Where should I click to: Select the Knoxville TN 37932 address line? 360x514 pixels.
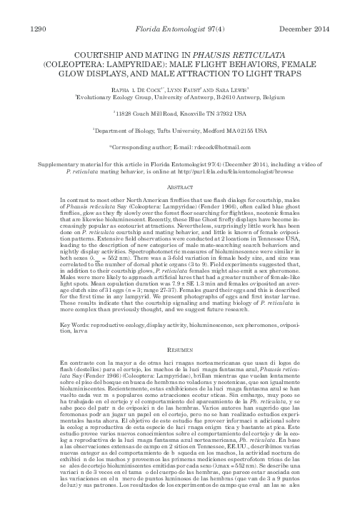click(179, 113)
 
